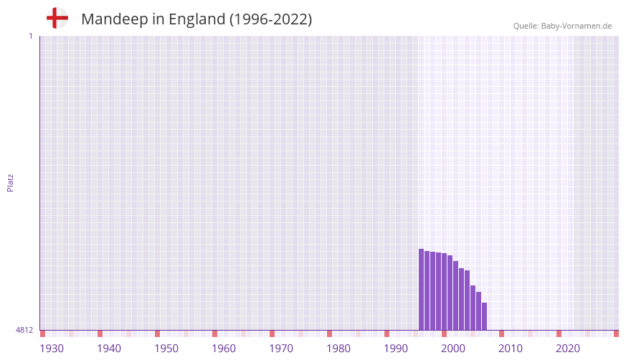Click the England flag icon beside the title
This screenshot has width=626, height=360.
(57, 18)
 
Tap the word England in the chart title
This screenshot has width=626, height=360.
(196, 19)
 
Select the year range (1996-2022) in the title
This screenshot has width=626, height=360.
(270, 19)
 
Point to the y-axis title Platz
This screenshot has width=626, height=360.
(10, 182)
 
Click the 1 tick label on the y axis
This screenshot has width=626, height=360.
(30, 36)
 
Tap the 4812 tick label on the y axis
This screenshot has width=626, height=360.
(24, 330)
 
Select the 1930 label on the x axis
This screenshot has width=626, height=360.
(52, 349)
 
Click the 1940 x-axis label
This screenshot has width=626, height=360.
(109, 349)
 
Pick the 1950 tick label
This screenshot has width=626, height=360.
(166, 349)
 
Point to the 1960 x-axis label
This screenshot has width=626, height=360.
(224, 349)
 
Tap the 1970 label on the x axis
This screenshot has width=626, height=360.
(281, 349)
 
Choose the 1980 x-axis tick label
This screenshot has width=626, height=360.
(338, 349)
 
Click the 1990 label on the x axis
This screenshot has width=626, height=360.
(396, 349)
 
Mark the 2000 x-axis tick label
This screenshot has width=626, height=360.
(453, 349)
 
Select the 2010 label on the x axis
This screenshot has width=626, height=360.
(511, 349)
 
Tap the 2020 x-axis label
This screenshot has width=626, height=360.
(568, 349)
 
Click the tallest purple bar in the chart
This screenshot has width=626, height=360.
(422, 290)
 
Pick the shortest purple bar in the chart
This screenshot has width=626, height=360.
(485, 316)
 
